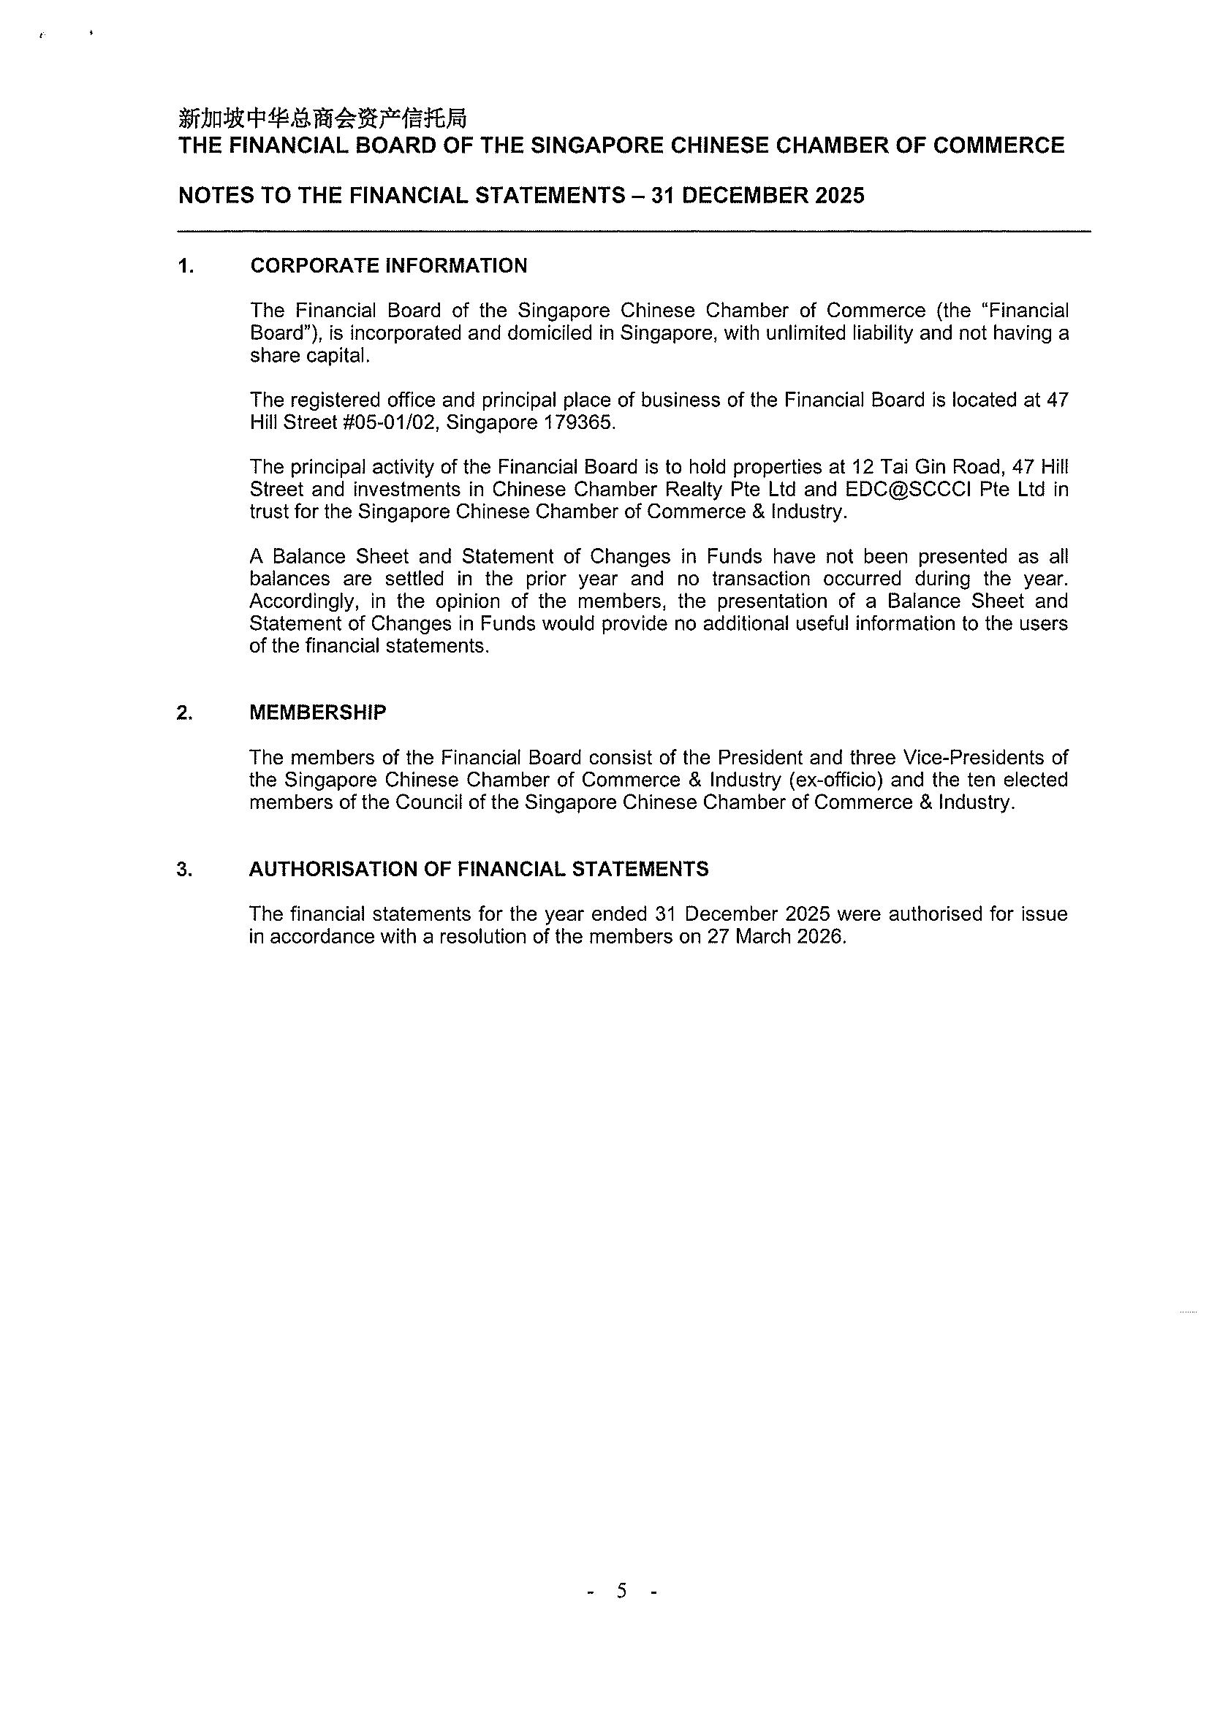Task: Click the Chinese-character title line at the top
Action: pos(322,118)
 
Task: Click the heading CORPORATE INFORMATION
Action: pos(388,266)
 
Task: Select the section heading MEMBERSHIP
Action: pos(317,712)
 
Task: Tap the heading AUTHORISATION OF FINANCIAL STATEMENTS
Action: pos(478,869)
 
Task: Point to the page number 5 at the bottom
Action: pos(621,1591)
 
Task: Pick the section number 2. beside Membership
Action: pos(184,712)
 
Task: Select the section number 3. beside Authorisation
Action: pos(184,869)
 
